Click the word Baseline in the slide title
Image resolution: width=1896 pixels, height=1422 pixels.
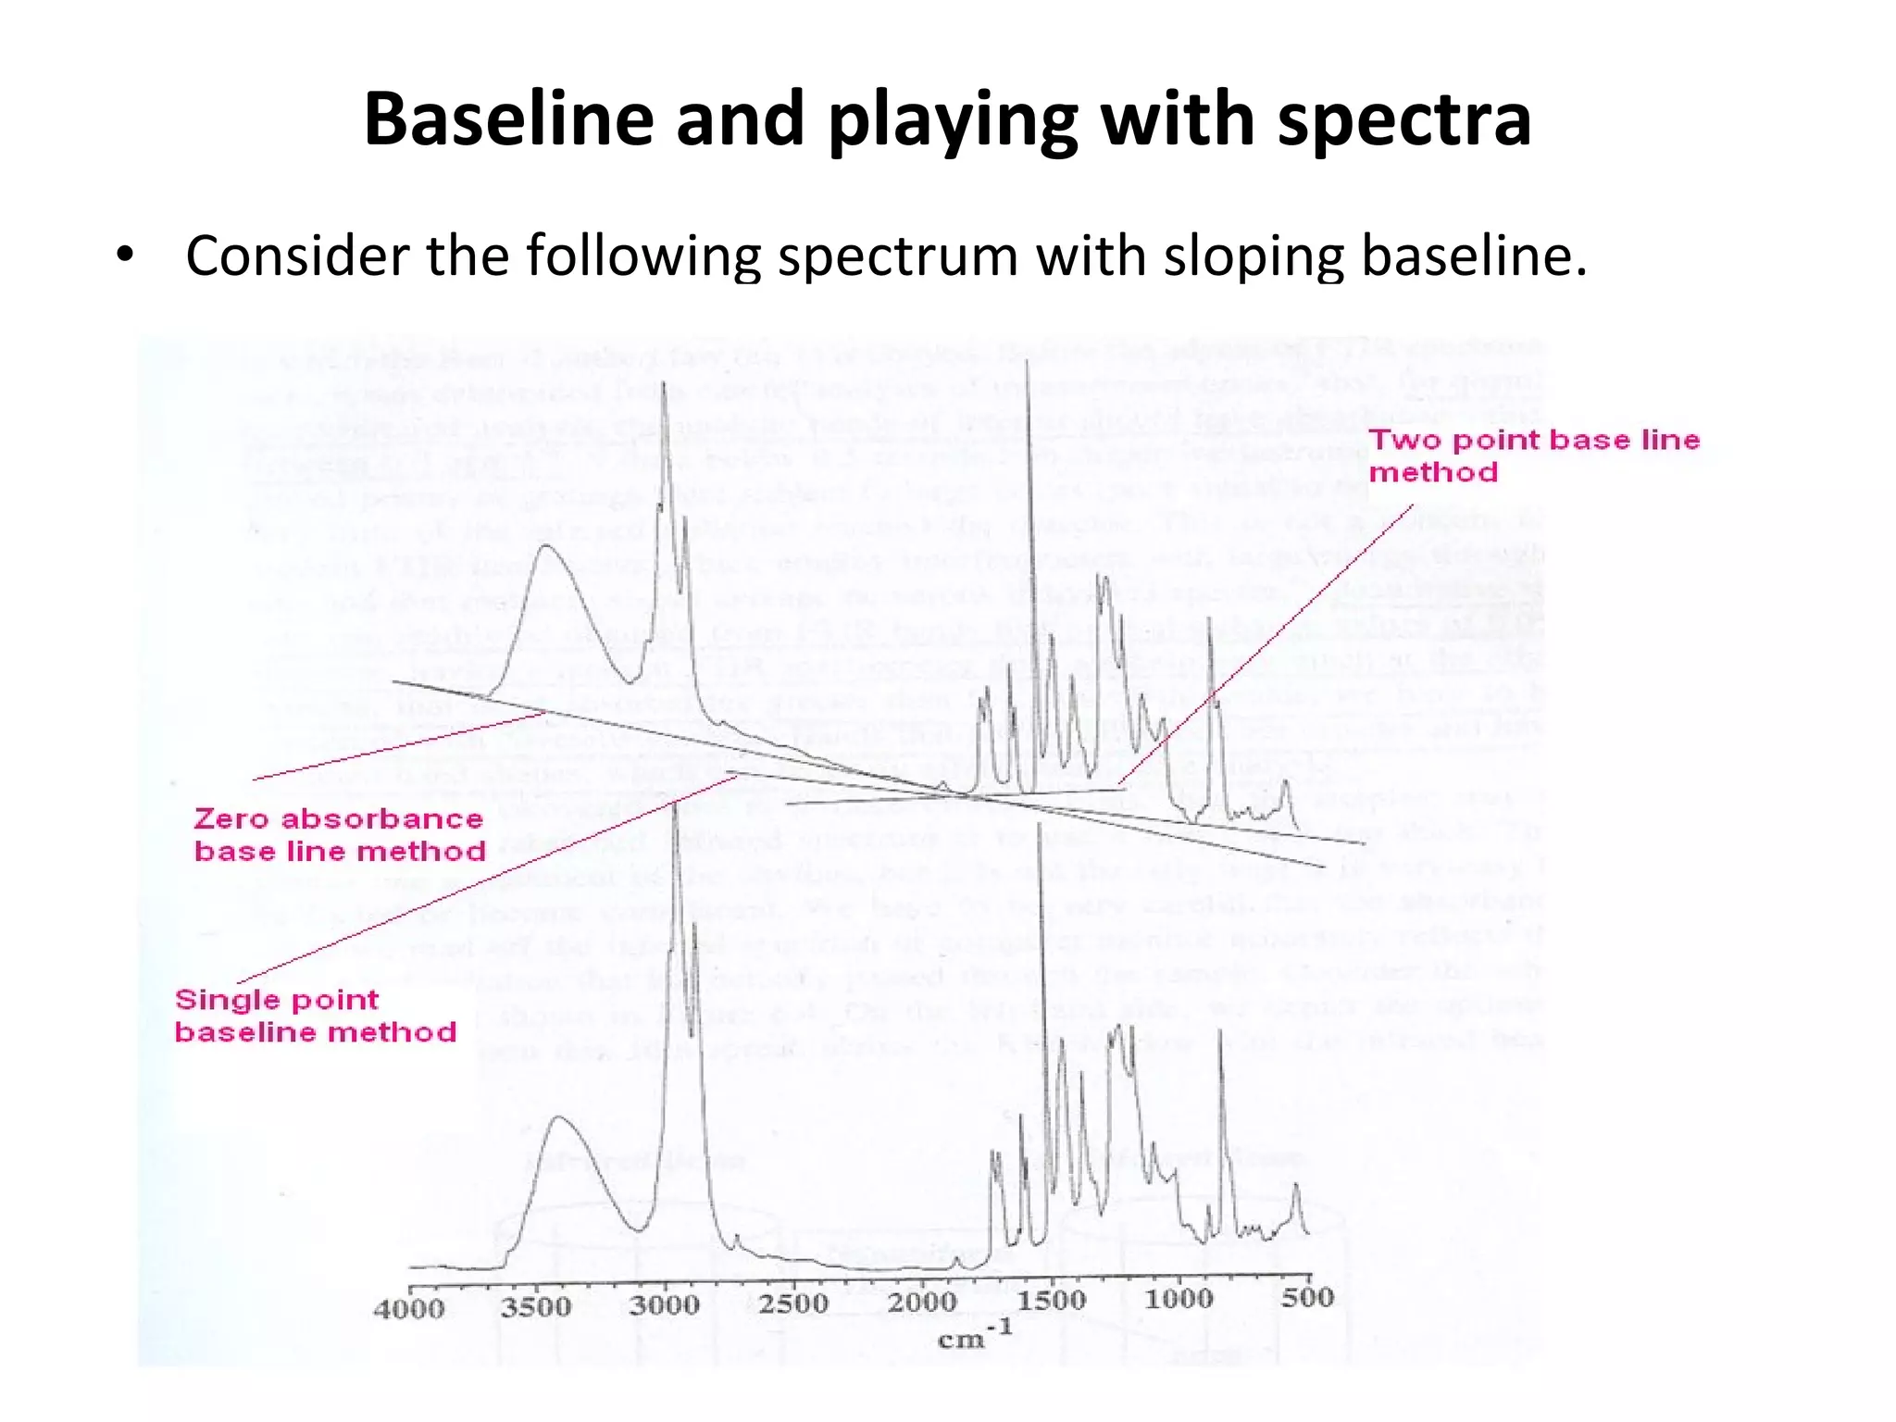click(x=508, y=120)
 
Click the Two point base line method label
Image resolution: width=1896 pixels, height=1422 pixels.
click(x=1533, y=455)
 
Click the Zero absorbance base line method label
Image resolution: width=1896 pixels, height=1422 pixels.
click(x=339, y=834)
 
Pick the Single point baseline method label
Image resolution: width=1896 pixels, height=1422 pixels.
click(x=315, y=1016)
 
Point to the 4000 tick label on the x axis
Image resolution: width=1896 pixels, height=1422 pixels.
click(x=408, y=1309)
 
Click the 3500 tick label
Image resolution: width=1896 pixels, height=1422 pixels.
click(x=536, y=1306)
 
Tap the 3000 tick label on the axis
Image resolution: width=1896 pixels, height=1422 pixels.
click(x=664, y=1305)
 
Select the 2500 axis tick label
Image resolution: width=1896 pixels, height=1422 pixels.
click(x=793, y=1303)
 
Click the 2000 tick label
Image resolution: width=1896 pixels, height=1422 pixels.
click(x=922, y=1302)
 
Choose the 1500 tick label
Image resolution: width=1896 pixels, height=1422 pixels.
click(x=1051, y=1300)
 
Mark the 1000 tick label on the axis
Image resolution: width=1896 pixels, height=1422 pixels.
click(x=1179, y=1299)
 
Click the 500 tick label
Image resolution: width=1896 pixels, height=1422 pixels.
click(x=1307, y=1297)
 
